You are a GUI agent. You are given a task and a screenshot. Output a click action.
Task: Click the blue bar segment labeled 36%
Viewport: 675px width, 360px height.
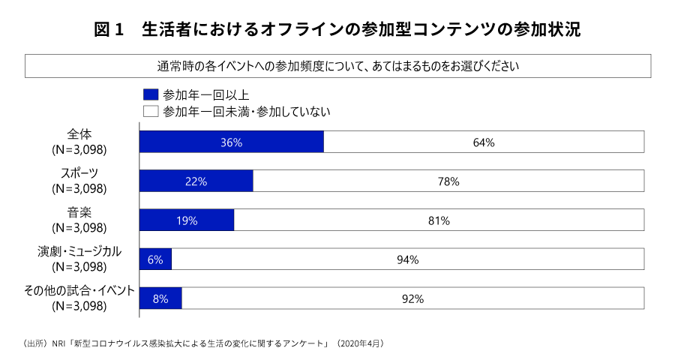click(x=231, y=142)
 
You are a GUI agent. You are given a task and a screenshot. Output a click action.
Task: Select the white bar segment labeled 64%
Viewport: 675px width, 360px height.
click(x=484, y=142)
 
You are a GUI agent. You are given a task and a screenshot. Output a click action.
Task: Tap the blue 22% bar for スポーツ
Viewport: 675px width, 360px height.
click(x=196, y=181)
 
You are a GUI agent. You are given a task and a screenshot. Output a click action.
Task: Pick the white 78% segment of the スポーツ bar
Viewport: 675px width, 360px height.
click(x=448, y=181)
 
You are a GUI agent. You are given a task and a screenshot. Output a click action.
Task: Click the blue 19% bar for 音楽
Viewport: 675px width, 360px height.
click(x=187, y=220)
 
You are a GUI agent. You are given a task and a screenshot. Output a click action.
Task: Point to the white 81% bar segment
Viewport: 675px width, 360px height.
click(x=439, y=220)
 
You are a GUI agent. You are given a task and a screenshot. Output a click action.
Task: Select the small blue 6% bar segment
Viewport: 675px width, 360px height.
click(x=156, y=259)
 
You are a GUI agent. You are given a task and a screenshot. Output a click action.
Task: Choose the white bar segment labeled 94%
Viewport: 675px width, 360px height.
click(x=407, y=259)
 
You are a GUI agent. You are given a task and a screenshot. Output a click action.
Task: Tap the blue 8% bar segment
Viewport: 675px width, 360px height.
click(x=160, y=298)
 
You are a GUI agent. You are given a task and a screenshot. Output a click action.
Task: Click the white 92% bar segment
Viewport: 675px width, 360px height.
click(x=412, y=298)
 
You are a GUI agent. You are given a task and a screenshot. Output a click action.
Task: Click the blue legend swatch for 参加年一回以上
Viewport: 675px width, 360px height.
click(x=151, y=94)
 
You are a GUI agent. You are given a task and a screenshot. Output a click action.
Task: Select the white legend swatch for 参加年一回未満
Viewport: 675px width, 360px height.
click(x=151, y=112)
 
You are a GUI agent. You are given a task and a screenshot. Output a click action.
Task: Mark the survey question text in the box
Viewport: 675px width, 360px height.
click(x=337, y=65)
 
